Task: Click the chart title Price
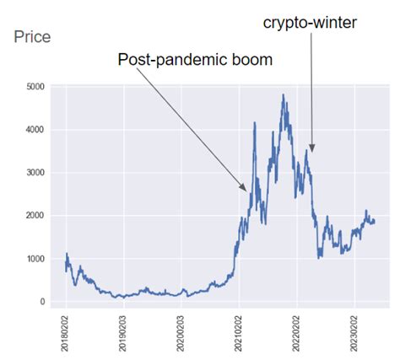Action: pyautogui.click(x=33, y=38)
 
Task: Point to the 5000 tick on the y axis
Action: pyautogui.click(x=37, y=87)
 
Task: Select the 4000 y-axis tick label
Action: pyautogui.click(x=37, y=130)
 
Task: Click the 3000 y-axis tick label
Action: pyautogui.click(x=37, y=173)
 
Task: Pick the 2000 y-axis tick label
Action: pyautogui.click(x=37, y=216)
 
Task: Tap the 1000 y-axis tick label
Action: pyautogui.click(x=37, y=259)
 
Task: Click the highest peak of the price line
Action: pyautogui.click(x=284, y=95)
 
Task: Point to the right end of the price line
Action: pyautogui.click(x=375, y=222)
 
